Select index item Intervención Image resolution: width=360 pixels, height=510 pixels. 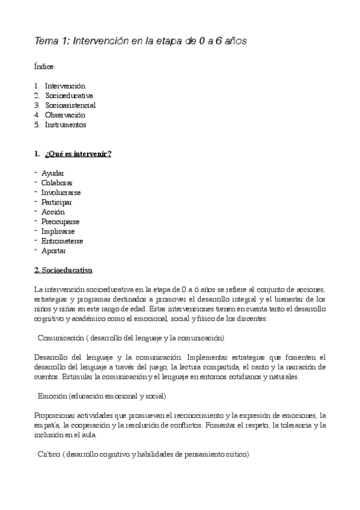click(65, 86)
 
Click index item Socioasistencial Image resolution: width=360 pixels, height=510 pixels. click(70, 105)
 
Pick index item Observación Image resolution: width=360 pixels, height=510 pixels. click(65, 115)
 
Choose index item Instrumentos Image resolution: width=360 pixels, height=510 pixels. click(66, 124)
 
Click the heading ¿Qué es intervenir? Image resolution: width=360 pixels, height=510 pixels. click(78, 154)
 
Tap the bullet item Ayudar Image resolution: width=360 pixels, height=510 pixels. click(53, 173)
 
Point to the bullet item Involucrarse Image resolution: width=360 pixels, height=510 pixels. click(61, 192)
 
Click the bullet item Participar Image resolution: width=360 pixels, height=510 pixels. click(56, 202)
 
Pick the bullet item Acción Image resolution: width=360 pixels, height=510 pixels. click(53, 212)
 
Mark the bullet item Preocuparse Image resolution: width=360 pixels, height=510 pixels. click(60, 221)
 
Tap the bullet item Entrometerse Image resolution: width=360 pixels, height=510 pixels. click(62, 241)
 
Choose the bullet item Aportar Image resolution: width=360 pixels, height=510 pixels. click(53, 250)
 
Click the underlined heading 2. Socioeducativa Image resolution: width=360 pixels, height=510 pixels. click(63, 270)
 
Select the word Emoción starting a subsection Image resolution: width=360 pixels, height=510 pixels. click(52, 396)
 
